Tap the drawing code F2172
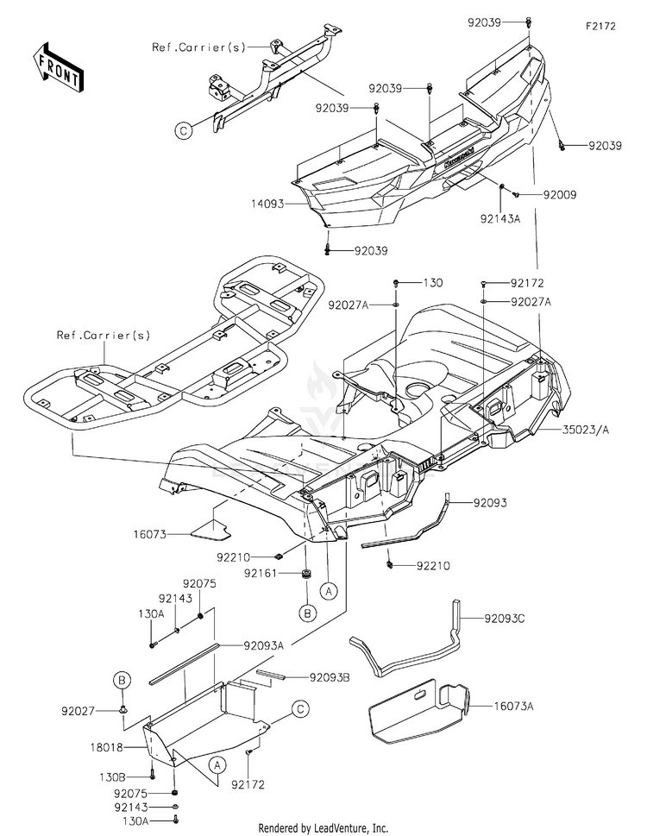[600, 26]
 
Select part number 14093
[268, 204]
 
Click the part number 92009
[560, 195]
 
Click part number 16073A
[513, 707]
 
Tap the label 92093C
[505, 619]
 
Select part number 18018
[107, 747]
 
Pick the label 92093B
[330, 677]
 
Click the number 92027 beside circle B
[78, 711]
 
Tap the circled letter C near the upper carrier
[184, 130]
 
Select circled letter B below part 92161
[307, 613]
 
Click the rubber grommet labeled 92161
[307, 575]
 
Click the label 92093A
[264, 645]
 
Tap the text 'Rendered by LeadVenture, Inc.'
[323, 828]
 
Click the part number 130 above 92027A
[433, 283]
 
